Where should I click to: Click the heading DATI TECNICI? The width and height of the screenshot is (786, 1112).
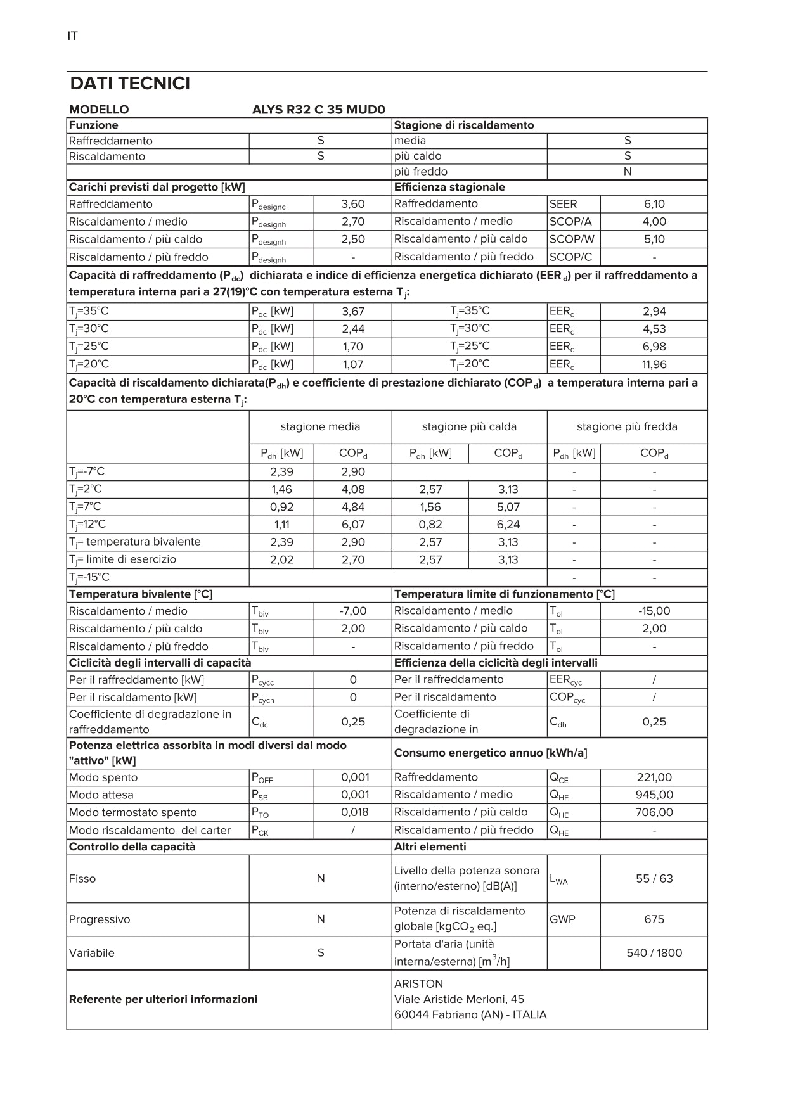(x=130, y=84)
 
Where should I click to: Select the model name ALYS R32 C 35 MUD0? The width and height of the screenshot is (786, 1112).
(x=318, y=110)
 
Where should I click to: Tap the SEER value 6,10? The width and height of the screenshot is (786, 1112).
(x=654, y=204)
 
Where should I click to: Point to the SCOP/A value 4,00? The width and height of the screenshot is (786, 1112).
(x=654, y=222)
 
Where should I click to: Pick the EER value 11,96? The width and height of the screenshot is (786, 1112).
(x=654, y=364)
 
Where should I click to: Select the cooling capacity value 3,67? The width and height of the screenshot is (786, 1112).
(x=353, y=311)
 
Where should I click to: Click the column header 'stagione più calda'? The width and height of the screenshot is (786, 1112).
(x=469, y=426)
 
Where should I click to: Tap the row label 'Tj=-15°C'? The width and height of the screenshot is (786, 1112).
(x=89, y=577)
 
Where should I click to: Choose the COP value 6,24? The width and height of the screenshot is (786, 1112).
(x=508, y=525)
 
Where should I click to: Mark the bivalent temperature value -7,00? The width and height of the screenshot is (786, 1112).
(x=353, y=611)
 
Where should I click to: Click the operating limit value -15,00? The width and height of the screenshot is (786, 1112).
(x=654, y=611)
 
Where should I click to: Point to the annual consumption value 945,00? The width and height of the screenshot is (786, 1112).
(x=654, y=795)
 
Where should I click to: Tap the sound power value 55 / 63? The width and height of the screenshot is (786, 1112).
(x=654, y=879)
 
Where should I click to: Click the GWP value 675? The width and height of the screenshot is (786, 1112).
(x=654, y=919)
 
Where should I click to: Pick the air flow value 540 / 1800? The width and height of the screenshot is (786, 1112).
(x=654, y=953)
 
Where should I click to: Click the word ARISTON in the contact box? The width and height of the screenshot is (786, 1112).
(x=418, y=984)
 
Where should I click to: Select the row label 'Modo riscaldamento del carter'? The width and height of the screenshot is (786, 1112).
(x=150, y=830)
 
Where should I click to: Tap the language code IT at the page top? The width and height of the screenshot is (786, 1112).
(x=72, y=36)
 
